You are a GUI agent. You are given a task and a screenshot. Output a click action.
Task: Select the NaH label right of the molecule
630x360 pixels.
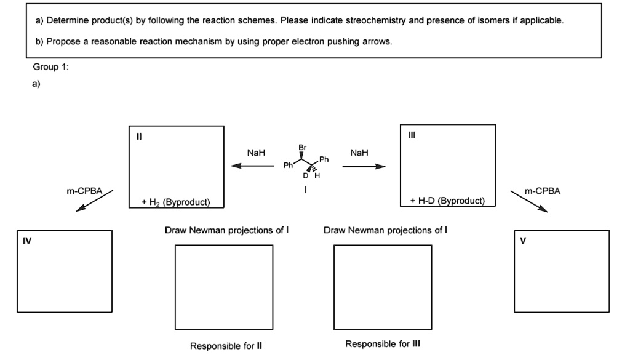click(358, 153)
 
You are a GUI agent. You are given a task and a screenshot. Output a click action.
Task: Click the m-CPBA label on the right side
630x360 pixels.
click(543, 191)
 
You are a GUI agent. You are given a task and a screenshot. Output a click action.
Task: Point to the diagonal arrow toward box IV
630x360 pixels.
click(94, 201)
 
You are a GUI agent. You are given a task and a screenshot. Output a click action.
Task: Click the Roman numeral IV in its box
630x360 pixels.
click(27, 241)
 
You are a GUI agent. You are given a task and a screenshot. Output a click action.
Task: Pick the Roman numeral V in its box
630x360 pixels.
click(523, 241)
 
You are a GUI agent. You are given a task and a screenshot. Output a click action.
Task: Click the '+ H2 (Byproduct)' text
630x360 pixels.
click(175, 201)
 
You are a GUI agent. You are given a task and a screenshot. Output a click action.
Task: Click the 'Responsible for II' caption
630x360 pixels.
click(226, 346)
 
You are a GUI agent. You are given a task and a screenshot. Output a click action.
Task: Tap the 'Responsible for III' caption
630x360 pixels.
click(382, 344)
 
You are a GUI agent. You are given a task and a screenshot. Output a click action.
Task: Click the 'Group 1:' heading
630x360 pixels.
click(51, 67)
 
